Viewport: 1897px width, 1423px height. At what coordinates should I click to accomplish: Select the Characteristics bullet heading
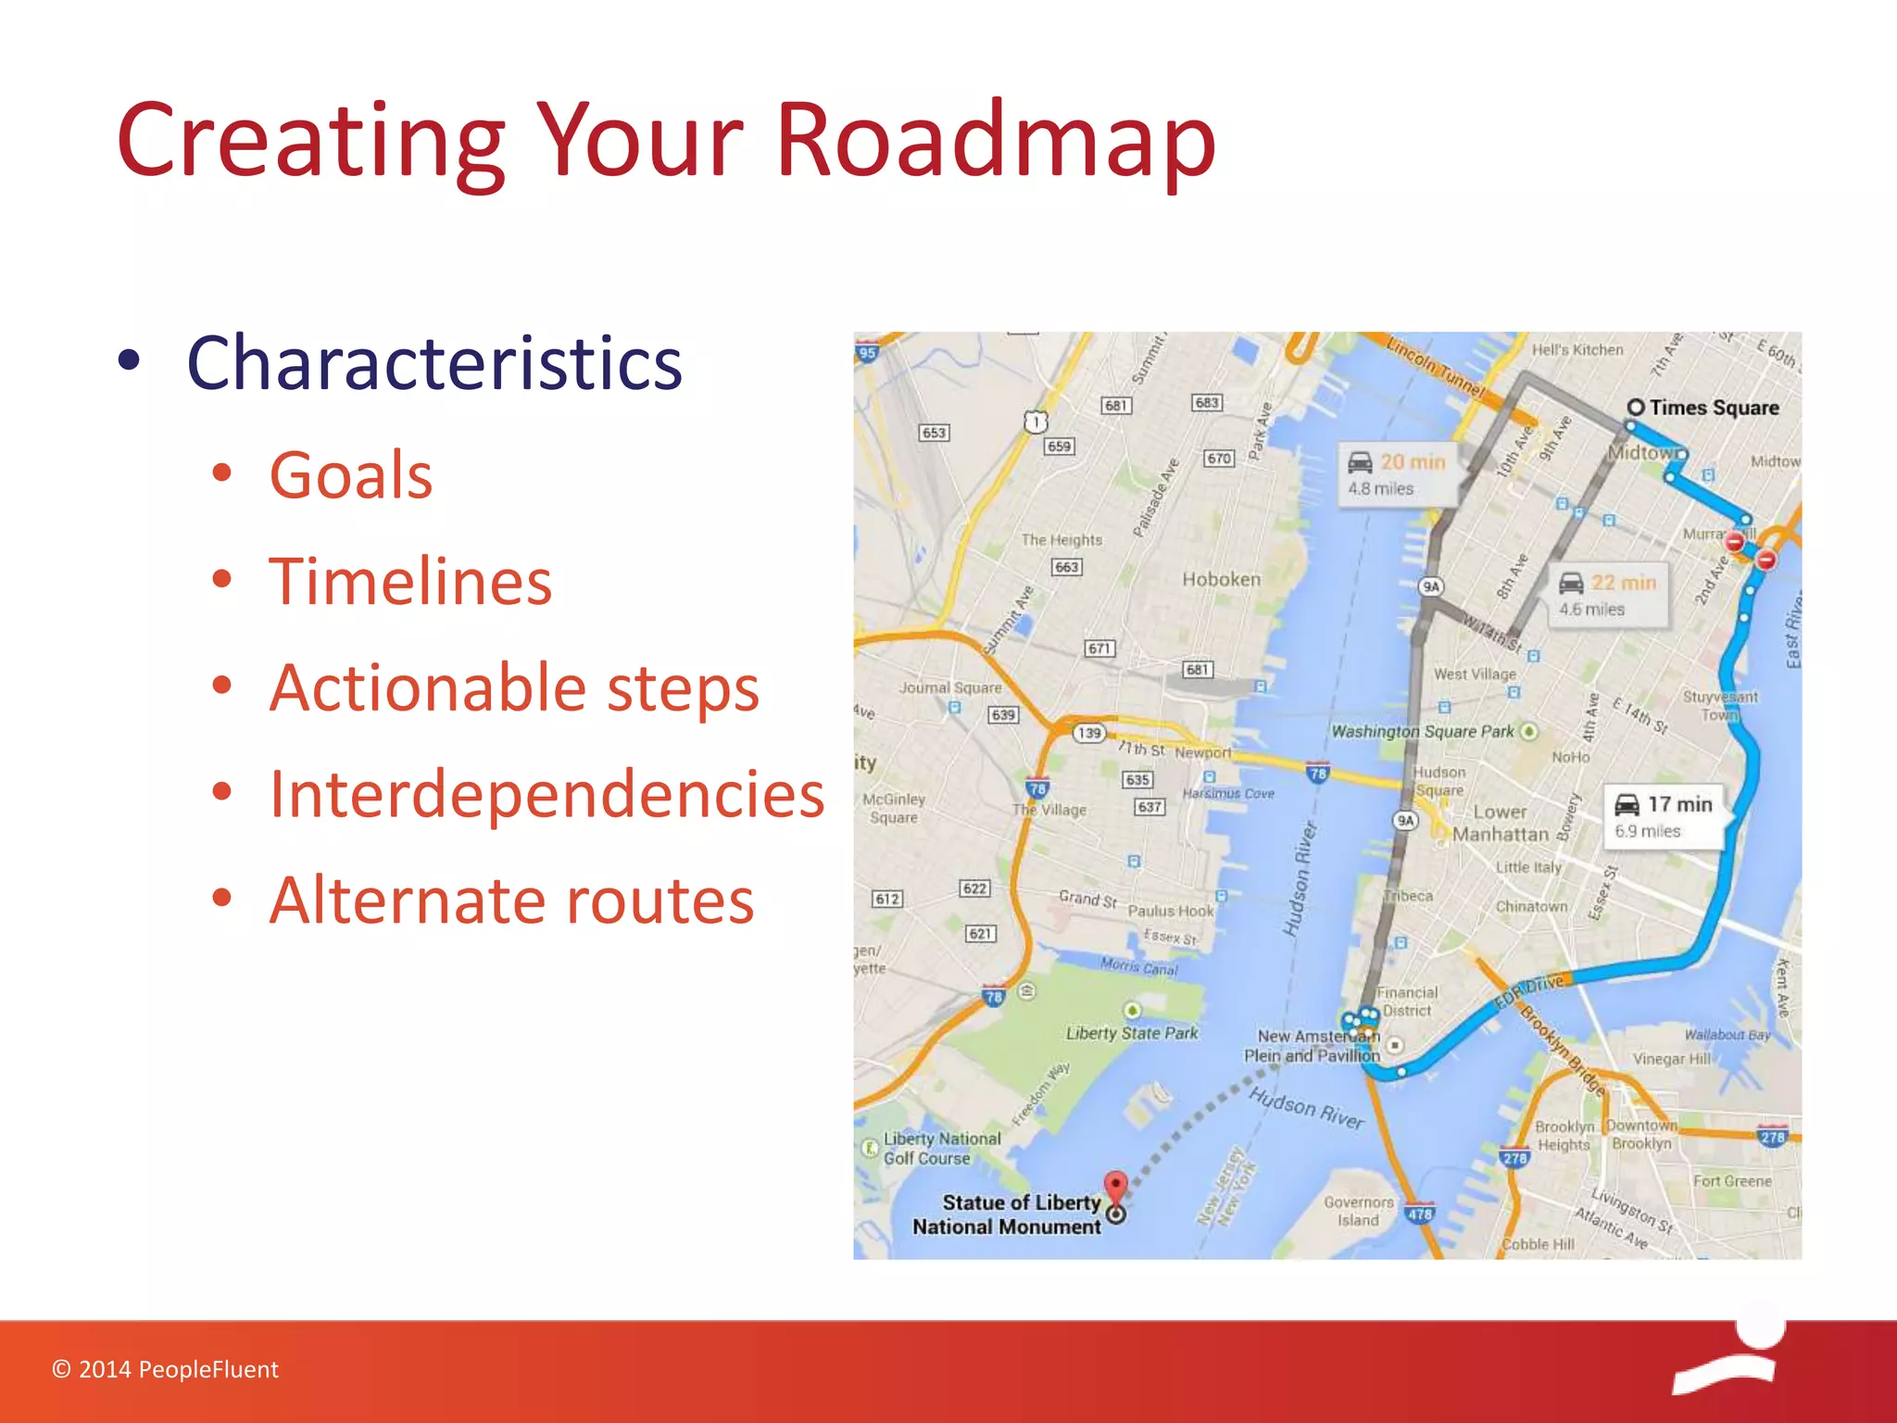[x=433, y=363]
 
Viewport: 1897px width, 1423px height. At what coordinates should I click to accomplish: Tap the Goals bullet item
[x=350, y=475]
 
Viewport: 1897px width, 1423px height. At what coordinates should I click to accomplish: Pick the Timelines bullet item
[x=410, y=582]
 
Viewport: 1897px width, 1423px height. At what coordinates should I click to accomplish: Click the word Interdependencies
[x=546, y=795]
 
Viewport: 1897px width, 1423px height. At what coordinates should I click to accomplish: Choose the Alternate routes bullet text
[x=511, y=900]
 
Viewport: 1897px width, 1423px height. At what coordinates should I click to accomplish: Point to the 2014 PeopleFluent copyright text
[x=166, y=1369]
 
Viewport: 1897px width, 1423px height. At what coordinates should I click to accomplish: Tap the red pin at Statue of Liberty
[x=1116, y=1185]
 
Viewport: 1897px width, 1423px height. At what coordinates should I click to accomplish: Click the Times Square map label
[x=1713, y=408]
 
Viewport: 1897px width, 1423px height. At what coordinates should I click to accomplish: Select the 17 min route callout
[x=1665, y=816]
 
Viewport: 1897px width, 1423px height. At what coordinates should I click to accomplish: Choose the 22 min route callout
[x=1608, y=594]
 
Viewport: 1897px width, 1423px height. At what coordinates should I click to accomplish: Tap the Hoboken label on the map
[x=1221, y=579]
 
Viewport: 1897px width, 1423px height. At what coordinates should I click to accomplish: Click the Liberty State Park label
[x=1131, y=1033]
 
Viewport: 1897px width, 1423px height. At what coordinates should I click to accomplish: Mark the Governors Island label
[x=1358, y=1211]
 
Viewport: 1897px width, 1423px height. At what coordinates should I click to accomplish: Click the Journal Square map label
[x=950, y=687]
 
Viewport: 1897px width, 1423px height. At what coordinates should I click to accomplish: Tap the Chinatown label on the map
[x=1531, y=906]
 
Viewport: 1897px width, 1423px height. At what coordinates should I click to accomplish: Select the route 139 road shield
[x=1089, y=733]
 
